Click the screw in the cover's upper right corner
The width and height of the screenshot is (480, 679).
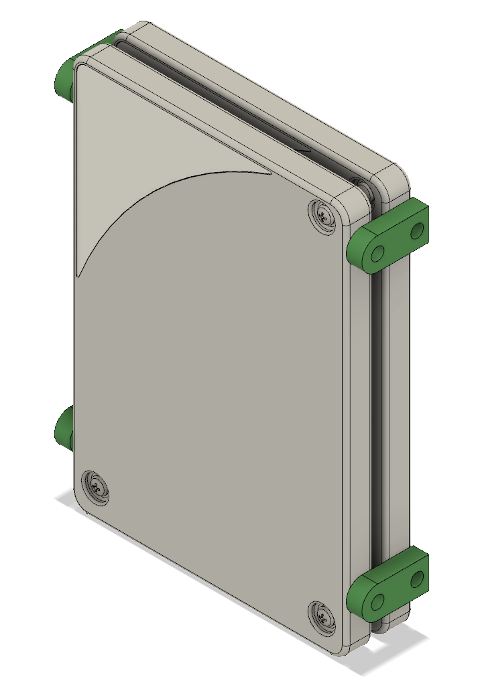click(324, 216)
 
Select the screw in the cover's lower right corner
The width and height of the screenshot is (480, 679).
click(323, 617)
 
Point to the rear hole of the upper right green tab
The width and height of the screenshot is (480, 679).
click(418, 231)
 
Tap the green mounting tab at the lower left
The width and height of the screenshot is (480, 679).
click(64, 429)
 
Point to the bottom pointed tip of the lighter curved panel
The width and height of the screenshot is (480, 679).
click(78, 271)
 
